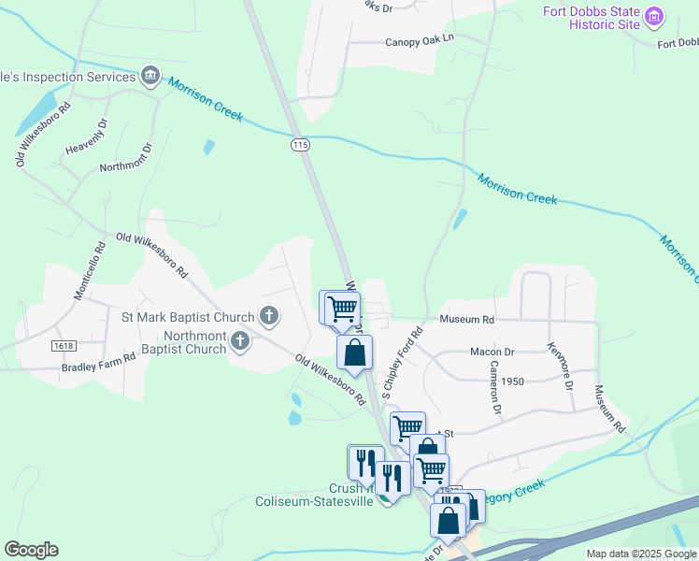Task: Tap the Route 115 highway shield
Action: coord(300,144)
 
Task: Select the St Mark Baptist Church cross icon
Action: coord(269,315)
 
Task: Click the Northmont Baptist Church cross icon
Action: coord(240,341)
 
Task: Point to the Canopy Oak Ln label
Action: coord(419,41)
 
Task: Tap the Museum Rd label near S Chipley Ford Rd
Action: coord(466,319)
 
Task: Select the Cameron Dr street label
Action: coord(493,389)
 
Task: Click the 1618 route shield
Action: coord(64,346)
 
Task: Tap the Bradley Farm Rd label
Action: coord(98,367)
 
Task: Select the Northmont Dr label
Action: coord(125,159)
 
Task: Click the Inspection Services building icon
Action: coord(150,75)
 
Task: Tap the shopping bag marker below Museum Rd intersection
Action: coord(354,352)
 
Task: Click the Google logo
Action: coord(31,550)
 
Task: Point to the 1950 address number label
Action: coord(512,381)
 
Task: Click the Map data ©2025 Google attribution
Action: coord(641,554)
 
